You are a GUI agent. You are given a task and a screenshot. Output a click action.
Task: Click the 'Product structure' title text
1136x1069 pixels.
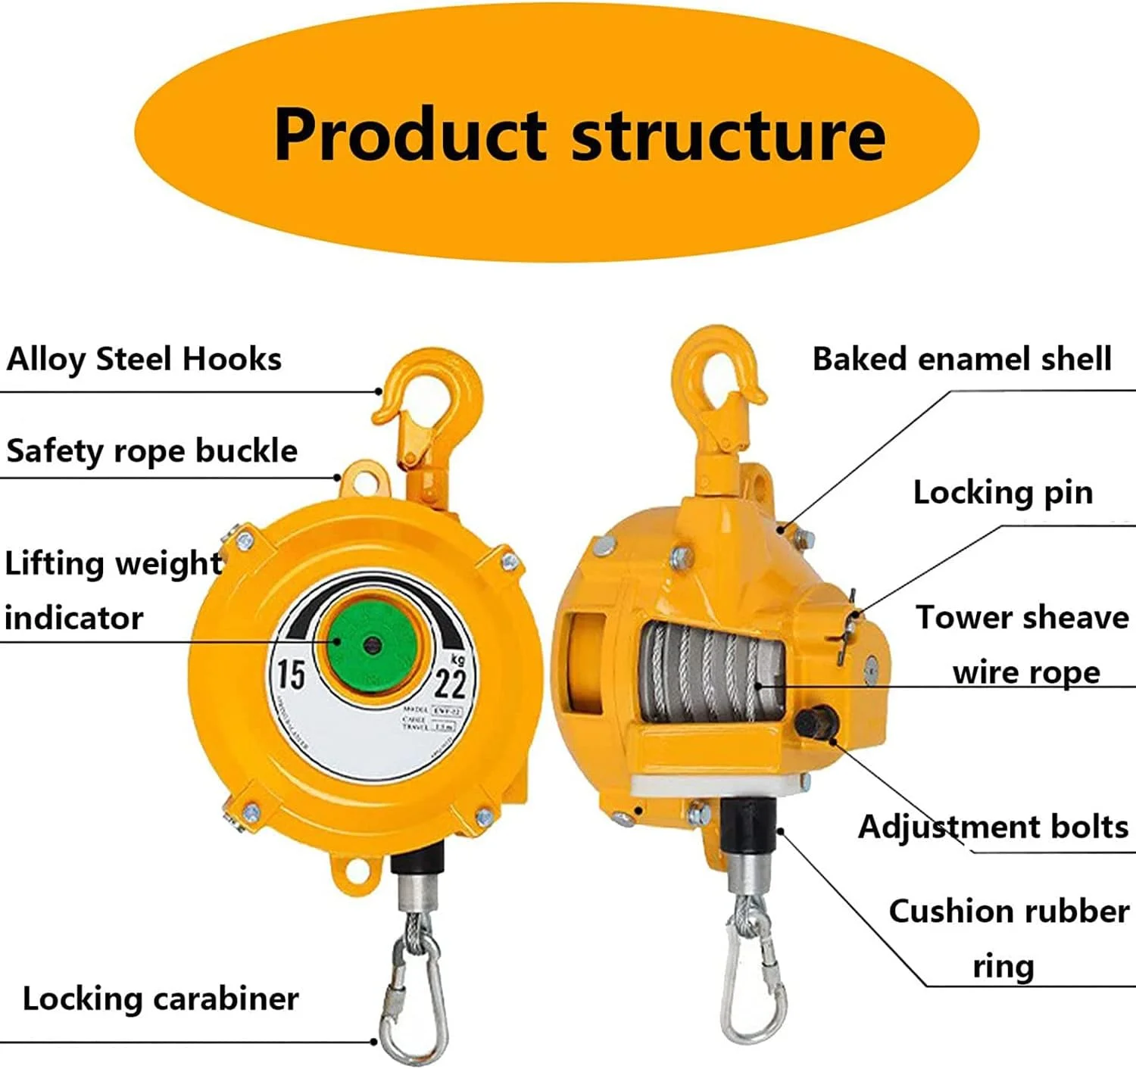[x=579, y=134]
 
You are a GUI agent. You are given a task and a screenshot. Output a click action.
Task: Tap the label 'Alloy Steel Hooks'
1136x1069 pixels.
[x=144, y=359]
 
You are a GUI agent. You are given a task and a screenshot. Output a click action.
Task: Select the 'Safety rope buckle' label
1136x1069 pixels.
[x=151, y=451]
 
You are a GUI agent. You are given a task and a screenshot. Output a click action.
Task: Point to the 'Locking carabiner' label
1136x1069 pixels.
[x=161, y=999]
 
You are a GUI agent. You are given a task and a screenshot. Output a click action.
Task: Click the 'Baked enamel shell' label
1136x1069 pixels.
[x=962, y=359]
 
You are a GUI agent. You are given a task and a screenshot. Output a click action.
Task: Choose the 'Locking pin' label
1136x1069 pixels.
[x=1003, y=493]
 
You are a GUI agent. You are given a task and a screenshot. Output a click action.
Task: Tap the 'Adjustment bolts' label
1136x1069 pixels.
[x=993, y=827]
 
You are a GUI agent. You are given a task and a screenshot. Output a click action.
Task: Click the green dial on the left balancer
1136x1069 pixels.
[x=370, y=644]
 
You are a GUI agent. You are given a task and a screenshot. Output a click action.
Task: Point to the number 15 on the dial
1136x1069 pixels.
[x=290, y=675]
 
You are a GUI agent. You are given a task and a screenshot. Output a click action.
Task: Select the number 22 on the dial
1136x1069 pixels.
[x=451, y=684]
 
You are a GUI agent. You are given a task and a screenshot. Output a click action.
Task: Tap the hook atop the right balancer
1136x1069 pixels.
[x=719, y=379]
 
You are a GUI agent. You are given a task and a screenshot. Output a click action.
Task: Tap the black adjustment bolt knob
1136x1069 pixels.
[x=815, y=721]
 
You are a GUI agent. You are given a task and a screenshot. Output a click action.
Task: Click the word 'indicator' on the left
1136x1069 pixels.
[x=73, y=619]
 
